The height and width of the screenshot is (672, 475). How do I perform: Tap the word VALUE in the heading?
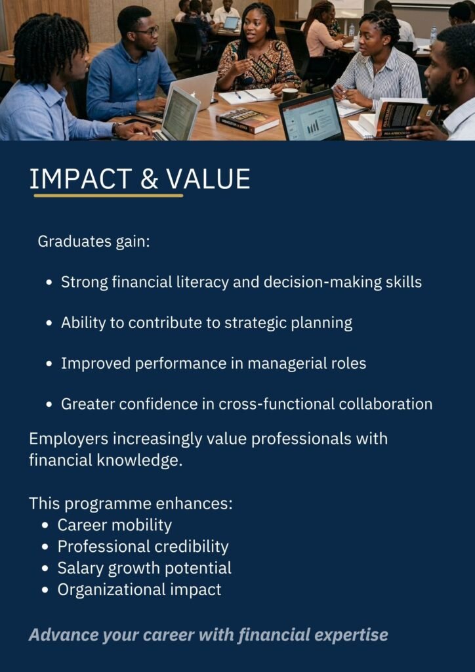pyautogui.click(x=208, y=179)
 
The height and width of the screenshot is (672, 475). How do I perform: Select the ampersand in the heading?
pyautogui.click(x=149, y=179)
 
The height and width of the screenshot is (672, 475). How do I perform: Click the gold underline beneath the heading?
pyautogui.click(x=108, y=196)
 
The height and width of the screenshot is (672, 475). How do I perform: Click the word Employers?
pyautogui.click(x=68, y=440)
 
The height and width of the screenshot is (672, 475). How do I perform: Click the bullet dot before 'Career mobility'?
pyautogui.click(x=47, y=526)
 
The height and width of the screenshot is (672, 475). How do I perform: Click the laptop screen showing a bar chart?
pyautogui.click(x=311, y=115)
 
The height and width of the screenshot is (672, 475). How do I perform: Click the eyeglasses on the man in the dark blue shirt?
pyautogui.click(x=148, y=31)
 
